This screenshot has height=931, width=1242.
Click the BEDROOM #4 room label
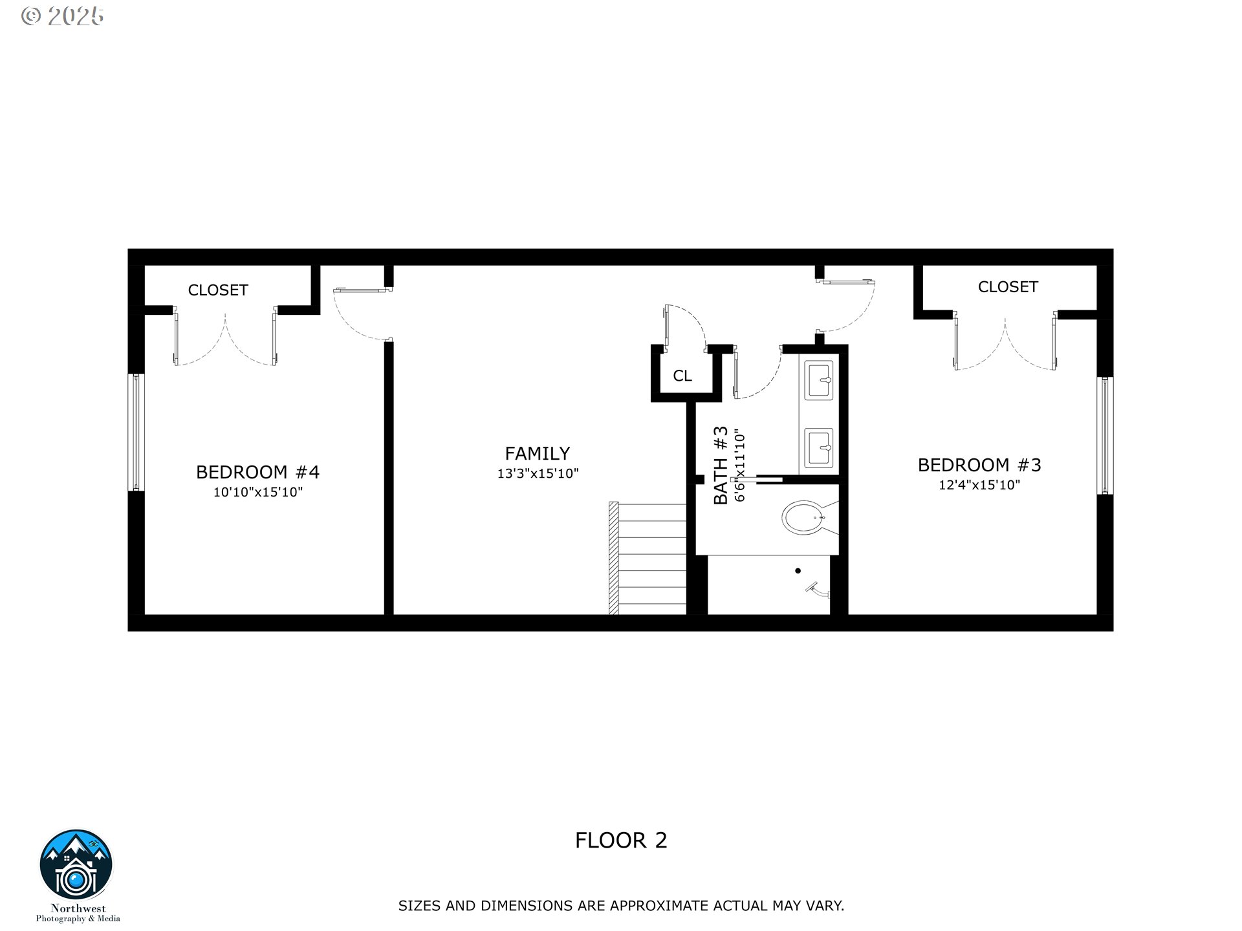click(x=257, y=472)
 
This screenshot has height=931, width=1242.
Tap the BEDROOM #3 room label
click(x=979, y=465)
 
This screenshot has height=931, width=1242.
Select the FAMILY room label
click(x=537, y=453)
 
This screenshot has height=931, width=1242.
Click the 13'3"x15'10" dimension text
click(x=537, y=474)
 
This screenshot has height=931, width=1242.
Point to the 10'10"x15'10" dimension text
click(x=257, y=493)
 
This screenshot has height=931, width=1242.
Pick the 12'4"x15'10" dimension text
click(x=979, y=485)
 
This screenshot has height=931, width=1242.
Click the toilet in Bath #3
click(x=804, y=517)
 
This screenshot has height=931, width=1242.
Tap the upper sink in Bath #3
click(x=819, y=381)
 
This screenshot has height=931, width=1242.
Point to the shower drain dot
click(x=798, y=571)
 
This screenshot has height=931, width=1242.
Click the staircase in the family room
click(x=647, y=559)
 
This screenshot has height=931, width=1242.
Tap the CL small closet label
click(x=682, y=376)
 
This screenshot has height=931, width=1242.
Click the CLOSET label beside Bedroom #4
click(x=218, y=290)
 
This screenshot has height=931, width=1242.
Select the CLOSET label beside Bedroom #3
click(x=1007, y=287)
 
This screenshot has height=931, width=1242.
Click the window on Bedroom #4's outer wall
click(x=136, y=432)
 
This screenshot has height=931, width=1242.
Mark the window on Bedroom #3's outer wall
click(x=1105, y=435)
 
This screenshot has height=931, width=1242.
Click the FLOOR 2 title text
click(x=620, y=840)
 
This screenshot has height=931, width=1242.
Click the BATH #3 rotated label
click(x=721, y=465)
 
